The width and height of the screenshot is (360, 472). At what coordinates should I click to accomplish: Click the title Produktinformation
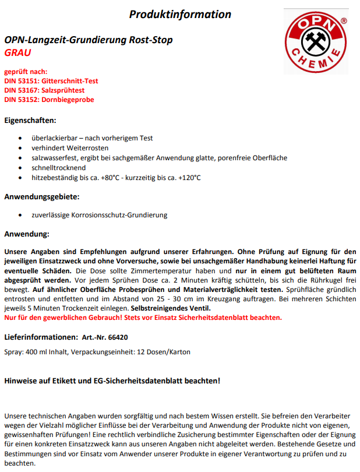[180, 15]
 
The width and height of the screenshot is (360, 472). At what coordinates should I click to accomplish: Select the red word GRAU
[17, 52]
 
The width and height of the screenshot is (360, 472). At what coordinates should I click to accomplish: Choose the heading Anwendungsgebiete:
[41, 196]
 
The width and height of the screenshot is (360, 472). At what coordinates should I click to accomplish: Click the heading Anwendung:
[27, 234]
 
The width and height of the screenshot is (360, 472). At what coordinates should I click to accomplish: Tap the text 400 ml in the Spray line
[38, 352]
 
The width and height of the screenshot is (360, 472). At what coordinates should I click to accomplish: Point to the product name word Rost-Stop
[153, 40]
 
